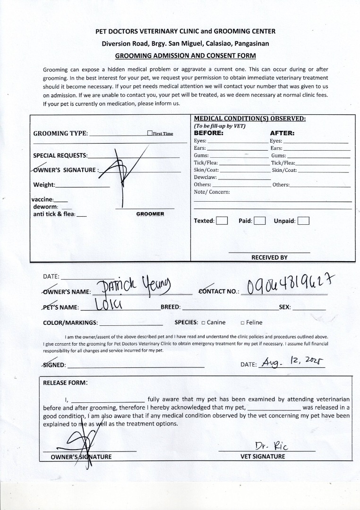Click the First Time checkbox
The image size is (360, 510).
pos(149,133)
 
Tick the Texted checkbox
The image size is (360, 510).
pos(222,221)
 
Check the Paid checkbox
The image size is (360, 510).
pos(259,221)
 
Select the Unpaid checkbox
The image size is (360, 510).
pos(303,221)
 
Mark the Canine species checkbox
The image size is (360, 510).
pos(203,323)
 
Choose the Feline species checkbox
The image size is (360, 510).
pos(242,323)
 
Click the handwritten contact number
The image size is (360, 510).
pos(288,285)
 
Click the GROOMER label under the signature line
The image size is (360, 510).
pos(150,214)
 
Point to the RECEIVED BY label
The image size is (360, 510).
pos(269,257)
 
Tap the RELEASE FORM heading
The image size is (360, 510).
pos(65,383)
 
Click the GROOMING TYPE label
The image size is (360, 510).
pos(60,133)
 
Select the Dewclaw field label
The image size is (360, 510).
pos(205,177)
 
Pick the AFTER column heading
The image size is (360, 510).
pos(282,133)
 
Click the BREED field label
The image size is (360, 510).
pos(171,307)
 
